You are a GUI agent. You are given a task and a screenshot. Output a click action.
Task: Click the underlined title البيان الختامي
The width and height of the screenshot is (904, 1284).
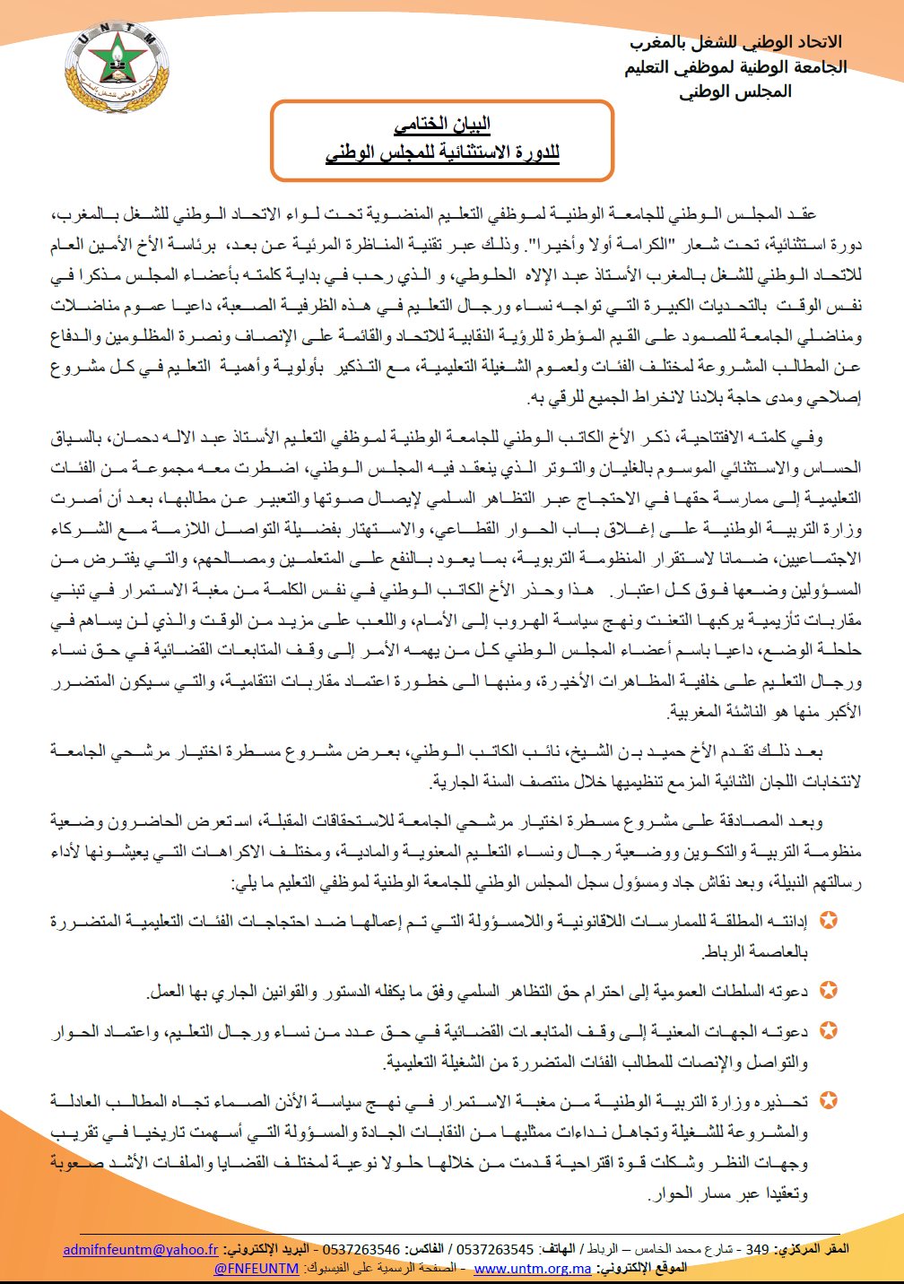442,125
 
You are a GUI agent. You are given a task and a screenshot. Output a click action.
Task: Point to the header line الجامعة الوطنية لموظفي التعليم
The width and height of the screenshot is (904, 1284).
735,67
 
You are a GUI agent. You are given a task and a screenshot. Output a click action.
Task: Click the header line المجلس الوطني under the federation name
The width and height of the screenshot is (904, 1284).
735,91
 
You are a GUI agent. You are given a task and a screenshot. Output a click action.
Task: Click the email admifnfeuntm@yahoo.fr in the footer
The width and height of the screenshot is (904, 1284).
141,1249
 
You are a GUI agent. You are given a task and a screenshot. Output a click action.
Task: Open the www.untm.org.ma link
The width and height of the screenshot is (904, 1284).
533,1268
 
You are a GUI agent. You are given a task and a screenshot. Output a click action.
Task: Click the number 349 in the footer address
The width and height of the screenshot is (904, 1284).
758,1249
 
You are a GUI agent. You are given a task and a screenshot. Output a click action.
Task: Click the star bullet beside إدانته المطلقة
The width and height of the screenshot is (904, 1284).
830,921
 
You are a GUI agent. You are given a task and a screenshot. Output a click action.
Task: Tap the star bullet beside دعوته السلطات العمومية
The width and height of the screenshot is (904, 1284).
830,991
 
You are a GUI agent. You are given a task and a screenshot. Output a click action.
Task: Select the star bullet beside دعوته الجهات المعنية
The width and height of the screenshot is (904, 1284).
830,1030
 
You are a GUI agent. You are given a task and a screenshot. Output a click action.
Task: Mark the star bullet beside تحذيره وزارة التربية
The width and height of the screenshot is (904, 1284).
830,1099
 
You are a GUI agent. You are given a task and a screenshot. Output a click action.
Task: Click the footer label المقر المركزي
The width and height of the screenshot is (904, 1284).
812,1249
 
